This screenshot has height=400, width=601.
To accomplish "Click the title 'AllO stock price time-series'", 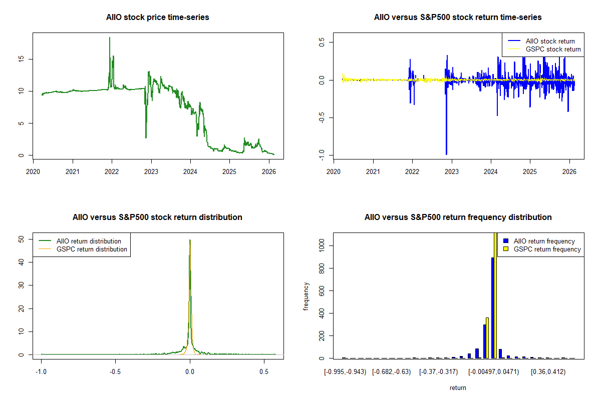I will pos(158,17).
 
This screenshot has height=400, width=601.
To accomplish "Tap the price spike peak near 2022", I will pos(110,38).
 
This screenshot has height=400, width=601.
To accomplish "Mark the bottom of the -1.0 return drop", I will pos(446,154).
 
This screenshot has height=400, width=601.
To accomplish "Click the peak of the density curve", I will pos(190,240).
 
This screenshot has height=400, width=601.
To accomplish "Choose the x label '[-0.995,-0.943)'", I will pos(345,371).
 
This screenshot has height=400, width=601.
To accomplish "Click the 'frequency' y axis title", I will pos(307,296).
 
